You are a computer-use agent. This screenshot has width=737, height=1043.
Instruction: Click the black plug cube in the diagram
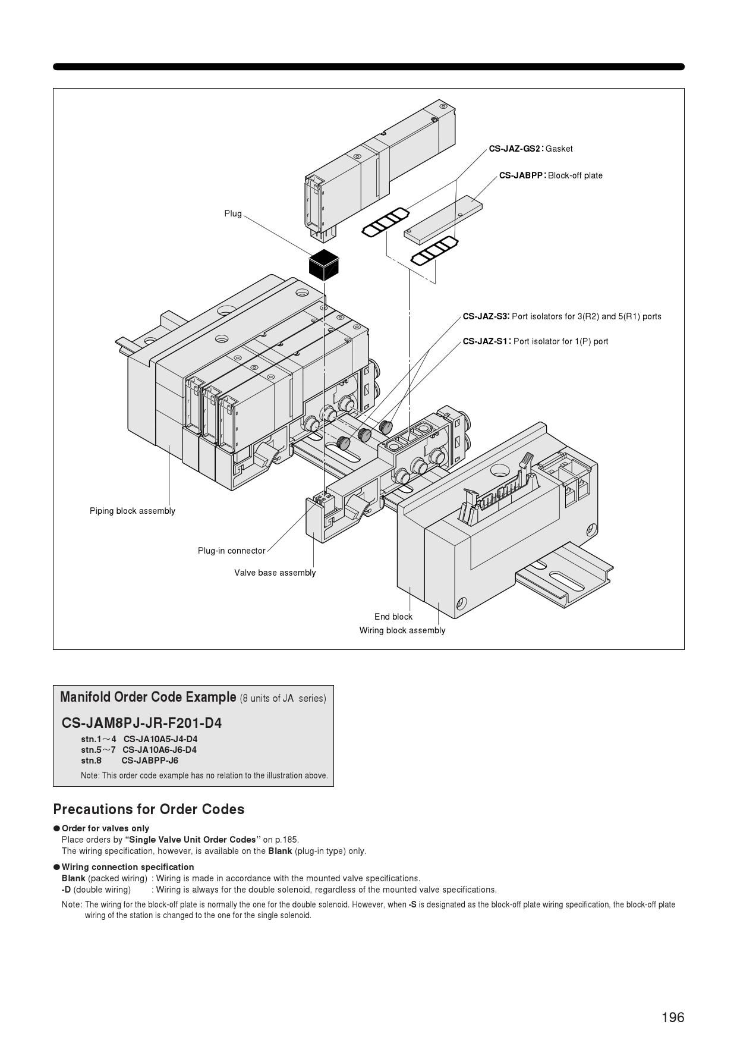point(324,265)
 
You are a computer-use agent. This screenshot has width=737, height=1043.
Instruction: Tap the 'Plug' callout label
point(233,213)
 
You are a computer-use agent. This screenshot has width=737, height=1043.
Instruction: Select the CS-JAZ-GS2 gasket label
point(531,149)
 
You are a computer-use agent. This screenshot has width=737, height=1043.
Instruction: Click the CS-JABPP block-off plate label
point(551,175)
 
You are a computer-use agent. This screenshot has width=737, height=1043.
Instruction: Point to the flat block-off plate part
point(443,220)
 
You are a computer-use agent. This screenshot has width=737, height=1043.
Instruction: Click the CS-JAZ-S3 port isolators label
point(562,316)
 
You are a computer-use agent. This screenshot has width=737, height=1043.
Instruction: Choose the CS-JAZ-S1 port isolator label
point(536,341)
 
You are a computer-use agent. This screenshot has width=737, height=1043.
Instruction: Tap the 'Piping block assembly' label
point(133,511)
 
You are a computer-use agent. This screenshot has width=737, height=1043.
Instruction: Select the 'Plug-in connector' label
point(232,551)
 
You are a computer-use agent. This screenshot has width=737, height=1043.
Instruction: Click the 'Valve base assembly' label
point(275,573)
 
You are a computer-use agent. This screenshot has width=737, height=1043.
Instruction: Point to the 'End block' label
point(393,617)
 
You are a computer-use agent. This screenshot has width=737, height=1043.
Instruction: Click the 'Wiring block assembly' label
point(402,630)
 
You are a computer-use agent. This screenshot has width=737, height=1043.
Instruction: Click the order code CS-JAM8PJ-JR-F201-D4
point(141,723)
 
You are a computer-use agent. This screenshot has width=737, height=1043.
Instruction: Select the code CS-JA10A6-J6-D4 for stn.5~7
point(159,750)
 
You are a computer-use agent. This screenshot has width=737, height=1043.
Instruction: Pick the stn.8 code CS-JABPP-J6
point(150,761)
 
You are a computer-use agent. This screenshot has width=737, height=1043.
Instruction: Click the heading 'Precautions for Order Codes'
point(149,809)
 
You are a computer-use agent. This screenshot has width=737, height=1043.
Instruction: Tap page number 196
point(673,1017)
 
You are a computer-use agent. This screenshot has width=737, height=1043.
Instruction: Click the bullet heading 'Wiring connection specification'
point(128,867)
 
